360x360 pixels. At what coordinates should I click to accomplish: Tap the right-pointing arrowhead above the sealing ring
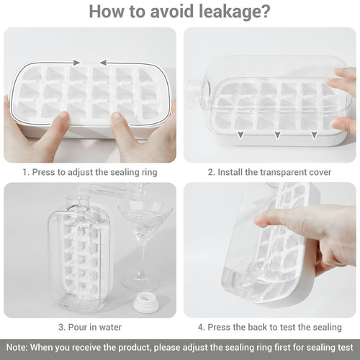click(x=76, y=63)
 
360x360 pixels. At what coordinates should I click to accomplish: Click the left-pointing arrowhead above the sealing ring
click(x=104, y=63)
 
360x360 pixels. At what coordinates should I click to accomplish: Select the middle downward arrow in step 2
click(x=278, y=135)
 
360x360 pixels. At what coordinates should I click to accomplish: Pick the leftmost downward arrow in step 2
click(x=240, y=135)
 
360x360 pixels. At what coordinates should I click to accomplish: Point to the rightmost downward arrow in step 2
click(x=315, y=135)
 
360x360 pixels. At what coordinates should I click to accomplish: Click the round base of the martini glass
click(x=140, y=283)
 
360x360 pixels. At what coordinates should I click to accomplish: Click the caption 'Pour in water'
click(x=95, y=327)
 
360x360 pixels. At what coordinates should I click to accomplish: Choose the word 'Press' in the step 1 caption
click(x=43, y=172)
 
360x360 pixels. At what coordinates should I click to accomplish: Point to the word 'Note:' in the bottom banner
click(x=17, y=348)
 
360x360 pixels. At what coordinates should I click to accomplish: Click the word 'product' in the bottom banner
click(x=135, y=348)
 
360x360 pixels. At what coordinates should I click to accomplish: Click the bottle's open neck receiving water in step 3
click(x=78, y=201)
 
